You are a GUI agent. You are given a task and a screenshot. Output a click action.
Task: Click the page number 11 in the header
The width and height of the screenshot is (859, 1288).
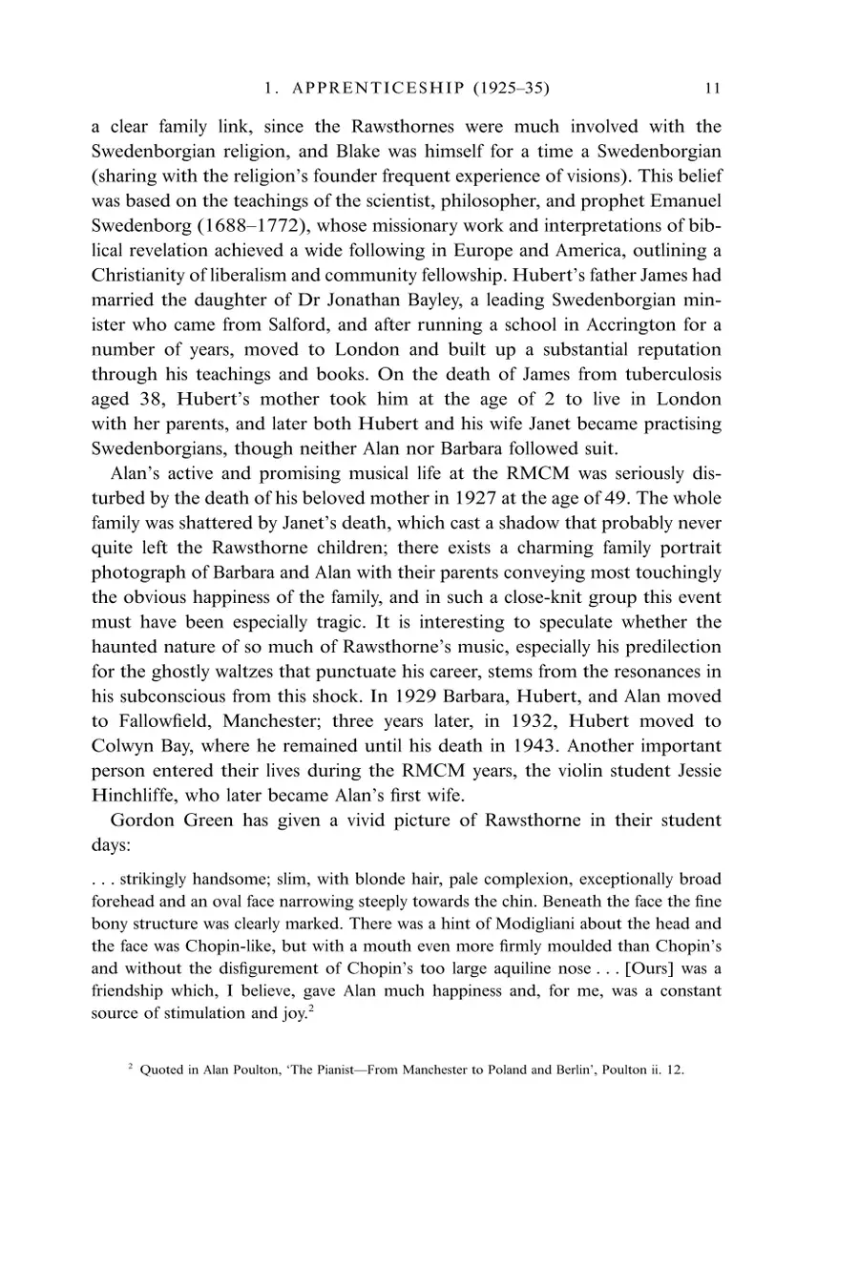point(712,89)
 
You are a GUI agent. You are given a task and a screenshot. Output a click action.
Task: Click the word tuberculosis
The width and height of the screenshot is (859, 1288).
point(665,374)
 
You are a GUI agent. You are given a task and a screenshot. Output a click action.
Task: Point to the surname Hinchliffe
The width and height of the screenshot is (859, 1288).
point(140,796)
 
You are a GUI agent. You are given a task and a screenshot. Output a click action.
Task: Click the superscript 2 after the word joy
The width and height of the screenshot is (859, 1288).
point(311,1009)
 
